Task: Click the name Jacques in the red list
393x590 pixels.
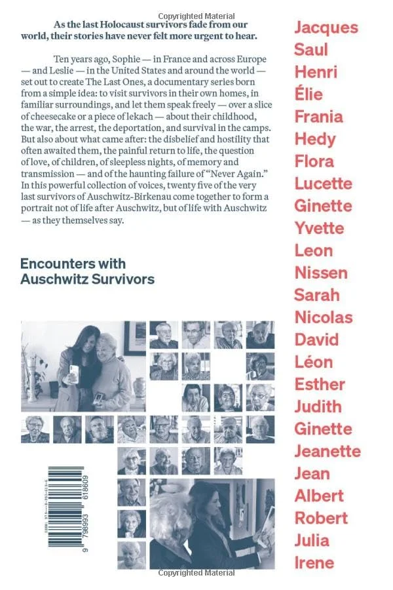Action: (326, 28)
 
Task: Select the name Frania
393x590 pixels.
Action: (318, 117)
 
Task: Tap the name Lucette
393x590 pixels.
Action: (323, 184)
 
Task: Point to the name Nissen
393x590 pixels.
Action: (321, 273)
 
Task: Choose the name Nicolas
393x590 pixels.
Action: (323, 317)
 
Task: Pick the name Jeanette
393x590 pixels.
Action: (327, 451)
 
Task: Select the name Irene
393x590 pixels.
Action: (314, 562)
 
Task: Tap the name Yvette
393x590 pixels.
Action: (319, 228)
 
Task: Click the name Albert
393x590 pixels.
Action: (318, 496)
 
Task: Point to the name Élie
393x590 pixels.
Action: (309, 94)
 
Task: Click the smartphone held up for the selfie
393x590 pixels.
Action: (73, 372)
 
